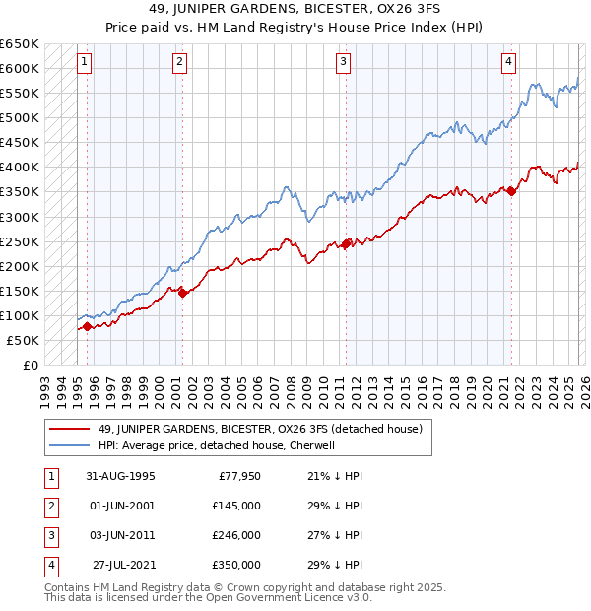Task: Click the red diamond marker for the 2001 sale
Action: (x=182, y=293)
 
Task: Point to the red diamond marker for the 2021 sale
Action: (x=511, y=192)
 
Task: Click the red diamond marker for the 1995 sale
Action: (x=88, y=326)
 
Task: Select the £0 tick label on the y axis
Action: (x=29, y=365)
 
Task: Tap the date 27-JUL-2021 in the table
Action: (x=126, y=565)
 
